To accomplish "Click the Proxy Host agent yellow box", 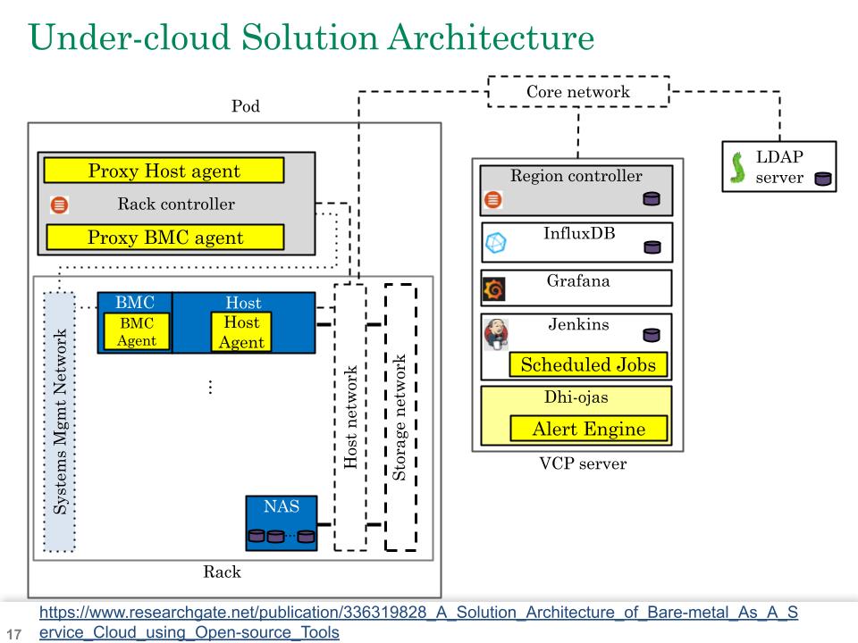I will click(x=164, y=171).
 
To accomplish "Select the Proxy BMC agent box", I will click(x=164, y=238).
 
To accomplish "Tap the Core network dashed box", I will click(x=577, y=92).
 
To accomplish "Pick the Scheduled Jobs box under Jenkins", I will click(x=588, y=364).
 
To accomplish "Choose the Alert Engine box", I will click(x=588, y=429).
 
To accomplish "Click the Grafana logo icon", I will click(x=493, y=290).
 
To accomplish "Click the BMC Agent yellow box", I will click(x=136, y=331).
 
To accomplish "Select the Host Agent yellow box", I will click(x=241, y=332).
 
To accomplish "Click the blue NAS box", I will click(x=282, y=522).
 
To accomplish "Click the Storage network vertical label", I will click(x=400, y=418).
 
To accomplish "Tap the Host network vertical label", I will click(x=350, y=418).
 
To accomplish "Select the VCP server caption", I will click(x=576, y=464).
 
